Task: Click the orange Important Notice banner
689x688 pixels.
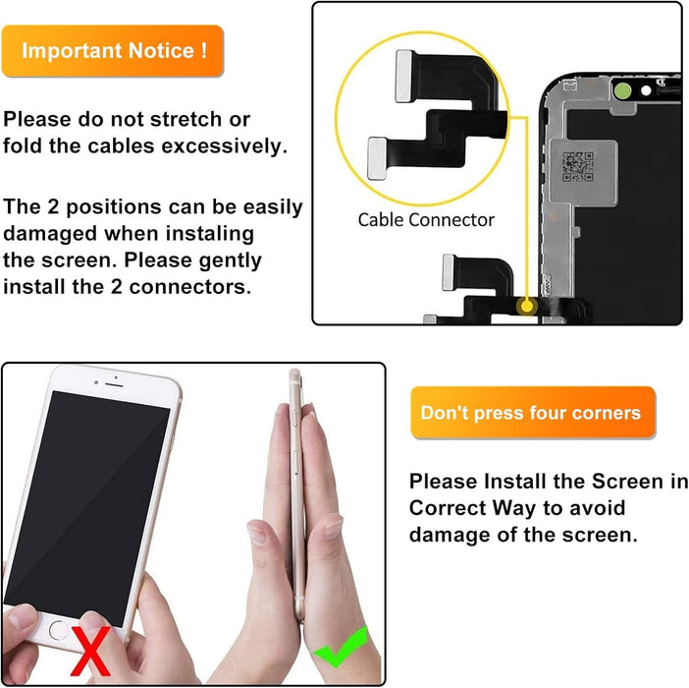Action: tap(113, 50)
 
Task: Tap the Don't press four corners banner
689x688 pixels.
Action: tap(533, 413)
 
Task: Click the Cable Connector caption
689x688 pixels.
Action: tap(426, 220)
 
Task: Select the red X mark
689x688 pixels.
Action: tap(91, 652)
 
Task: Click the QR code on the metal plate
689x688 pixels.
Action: tap(578, 166)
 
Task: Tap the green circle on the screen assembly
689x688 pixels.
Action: tap(622, 91)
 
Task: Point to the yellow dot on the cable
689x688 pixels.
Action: tap(526, 307)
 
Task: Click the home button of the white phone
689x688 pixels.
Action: tap(59, 630)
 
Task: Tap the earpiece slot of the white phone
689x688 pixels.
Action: tap(114, 385)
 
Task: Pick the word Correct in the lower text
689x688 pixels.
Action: tap(448, 508)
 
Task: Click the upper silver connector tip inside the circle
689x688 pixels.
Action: tap(403, 76)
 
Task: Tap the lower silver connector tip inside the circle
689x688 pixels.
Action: tap(377, 158)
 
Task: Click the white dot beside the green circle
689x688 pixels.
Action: tap(646, 90)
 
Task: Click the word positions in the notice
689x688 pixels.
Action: tap(114, 207)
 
